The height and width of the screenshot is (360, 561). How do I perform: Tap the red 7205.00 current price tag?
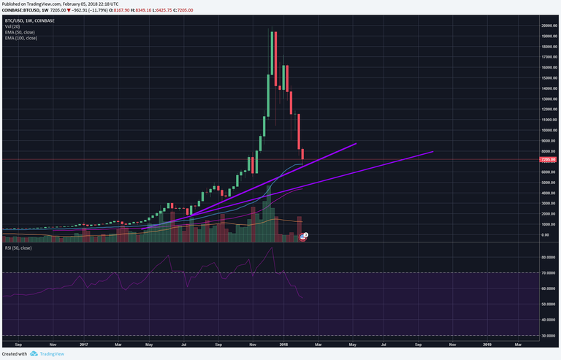click(x=549, y=159)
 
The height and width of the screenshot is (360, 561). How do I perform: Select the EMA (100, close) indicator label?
click(x=23, y=37)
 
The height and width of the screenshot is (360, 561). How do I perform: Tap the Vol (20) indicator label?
click(x=12, y=25)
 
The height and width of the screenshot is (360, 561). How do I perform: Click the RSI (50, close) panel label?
click(x=18, y=248)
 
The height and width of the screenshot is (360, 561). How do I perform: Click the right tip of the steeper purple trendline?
click(x=356, y=144)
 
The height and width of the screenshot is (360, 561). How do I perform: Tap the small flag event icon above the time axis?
click(x=305, y=234)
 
